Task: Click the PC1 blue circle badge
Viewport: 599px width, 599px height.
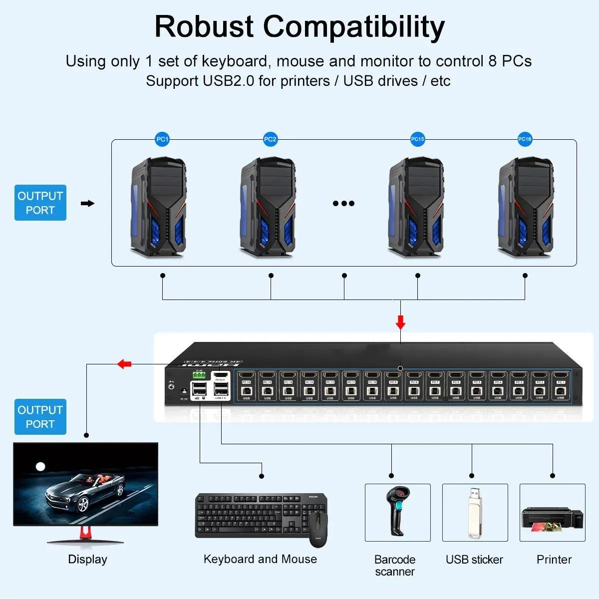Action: [163, 139]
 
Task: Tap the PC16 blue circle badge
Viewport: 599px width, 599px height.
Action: [525, 139]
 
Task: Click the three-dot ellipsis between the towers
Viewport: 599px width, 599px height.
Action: [343, 203]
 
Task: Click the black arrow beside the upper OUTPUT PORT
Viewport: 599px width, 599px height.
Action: [87, 203]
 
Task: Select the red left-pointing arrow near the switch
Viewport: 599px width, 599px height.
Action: [124, 364]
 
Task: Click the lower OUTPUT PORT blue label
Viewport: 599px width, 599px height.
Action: [40, 417]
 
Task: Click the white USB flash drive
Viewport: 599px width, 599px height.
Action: [475, 512]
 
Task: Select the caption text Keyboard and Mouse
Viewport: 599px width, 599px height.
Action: [260, 559]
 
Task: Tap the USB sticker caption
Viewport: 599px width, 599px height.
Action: [474, 560]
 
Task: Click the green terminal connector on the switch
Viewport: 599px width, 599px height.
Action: [199, 374]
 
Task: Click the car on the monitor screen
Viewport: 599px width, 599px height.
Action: [85, 489]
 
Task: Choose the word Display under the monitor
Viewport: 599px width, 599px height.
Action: [87, 559]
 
